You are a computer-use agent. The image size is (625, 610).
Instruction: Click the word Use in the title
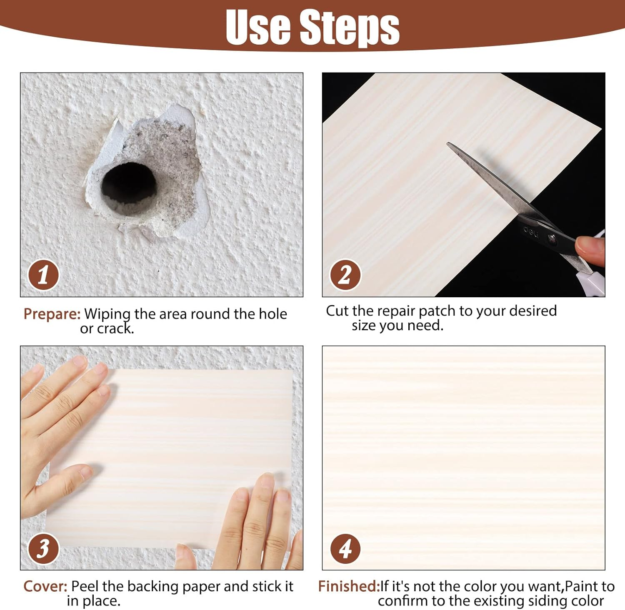258,27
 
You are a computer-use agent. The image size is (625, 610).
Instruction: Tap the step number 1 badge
43,275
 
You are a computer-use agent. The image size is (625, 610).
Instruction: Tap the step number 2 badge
345,275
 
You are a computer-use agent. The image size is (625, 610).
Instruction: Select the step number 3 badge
43,548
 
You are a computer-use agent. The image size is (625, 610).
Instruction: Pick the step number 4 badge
345,548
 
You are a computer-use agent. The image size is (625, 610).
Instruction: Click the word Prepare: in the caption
52,314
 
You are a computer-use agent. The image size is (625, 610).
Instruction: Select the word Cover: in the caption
45,586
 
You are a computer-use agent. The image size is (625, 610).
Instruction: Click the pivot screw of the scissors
552,238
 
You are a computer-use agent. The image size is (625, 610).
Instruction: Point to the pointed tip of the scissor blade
449,144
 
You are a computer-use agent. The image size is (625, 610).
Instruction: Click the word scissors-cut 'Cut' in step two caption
337,311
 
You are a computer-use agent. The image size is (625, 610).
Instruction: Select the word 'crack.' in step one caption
115,329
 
